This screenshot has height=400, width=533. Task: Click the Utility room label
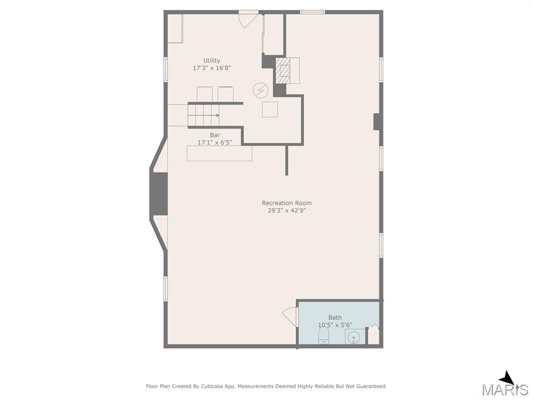(x=212, y=60)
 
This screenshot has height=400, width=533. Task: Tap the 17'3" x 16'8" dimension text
(x=212, y=68)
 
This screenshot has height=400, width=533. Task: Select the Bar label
(x=215, y=135)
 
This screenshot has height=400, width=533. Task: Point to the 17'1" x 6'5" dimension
(x=215, y=143)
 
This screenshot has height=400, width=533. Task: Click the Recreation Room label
(x=287, y=203)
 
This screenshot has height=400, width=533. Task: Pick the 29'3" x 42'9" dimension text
(x=287, y=210)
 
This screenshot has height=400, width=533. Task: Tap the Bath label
(x=335, y=317)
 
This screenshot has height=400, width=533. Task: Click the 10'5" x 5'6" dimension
(x=335, y=325)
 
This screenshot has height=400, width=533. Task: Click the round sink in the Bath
(x=354, y=337)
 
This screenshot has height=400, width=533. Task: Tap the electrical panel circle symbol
(x=261, y=91)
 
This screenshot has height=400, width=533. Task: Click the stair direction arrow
(x=204, y=115)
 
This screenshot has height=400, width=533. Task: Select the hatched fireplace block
(x=283, y=70)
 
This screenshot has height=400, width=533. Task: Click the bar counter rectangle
(x=219, y=153)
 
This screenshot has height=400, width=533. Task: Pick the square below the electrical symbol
(x=270, y=109)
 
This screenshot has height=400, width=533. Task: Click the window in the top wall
(x=312, y=12)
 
